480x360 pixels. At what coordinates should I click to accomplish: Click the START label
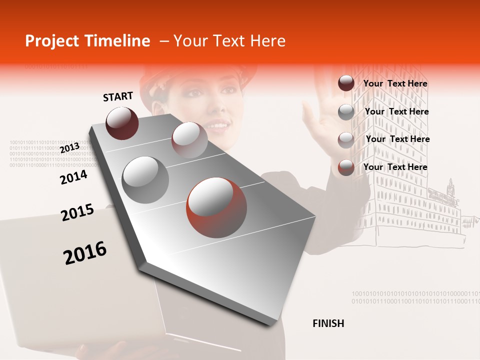click(x=118, y=96)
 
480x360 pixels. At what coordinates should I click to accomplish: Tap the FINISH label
click(x=328, y=323)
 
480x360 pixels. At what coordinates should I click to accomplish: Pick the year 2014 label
click(x=73, y=177)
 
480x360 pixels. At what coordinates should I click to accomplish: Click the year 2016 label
click(x=85, y=253)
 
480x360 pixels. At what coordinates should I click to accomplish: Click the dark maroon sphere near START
click(x=122, y=123)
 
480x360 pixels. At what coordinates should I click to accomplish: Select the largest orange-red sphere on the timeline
click(x=216, y=207)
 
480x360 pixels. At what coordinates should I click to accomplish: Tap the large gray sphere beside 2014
click(x=145, y=179)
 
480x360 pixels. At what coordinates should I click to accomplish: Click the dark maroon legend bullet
click(x=346, y=83)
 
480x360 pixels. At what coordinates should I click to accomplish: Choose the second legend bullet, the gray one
click(x=346, y=112)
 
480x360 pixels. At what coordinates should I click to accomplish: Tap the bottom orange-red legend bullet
click(x=346, y=167)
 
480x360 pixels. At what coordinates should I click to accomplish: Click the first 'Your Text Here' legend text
click(x=395, y=83)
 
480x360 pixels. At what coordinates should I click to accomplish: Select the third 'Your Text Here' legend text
click(x=397, y=139)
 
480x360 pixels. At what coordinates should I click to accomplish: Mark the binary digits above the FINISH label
click(x=415, y=297)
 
